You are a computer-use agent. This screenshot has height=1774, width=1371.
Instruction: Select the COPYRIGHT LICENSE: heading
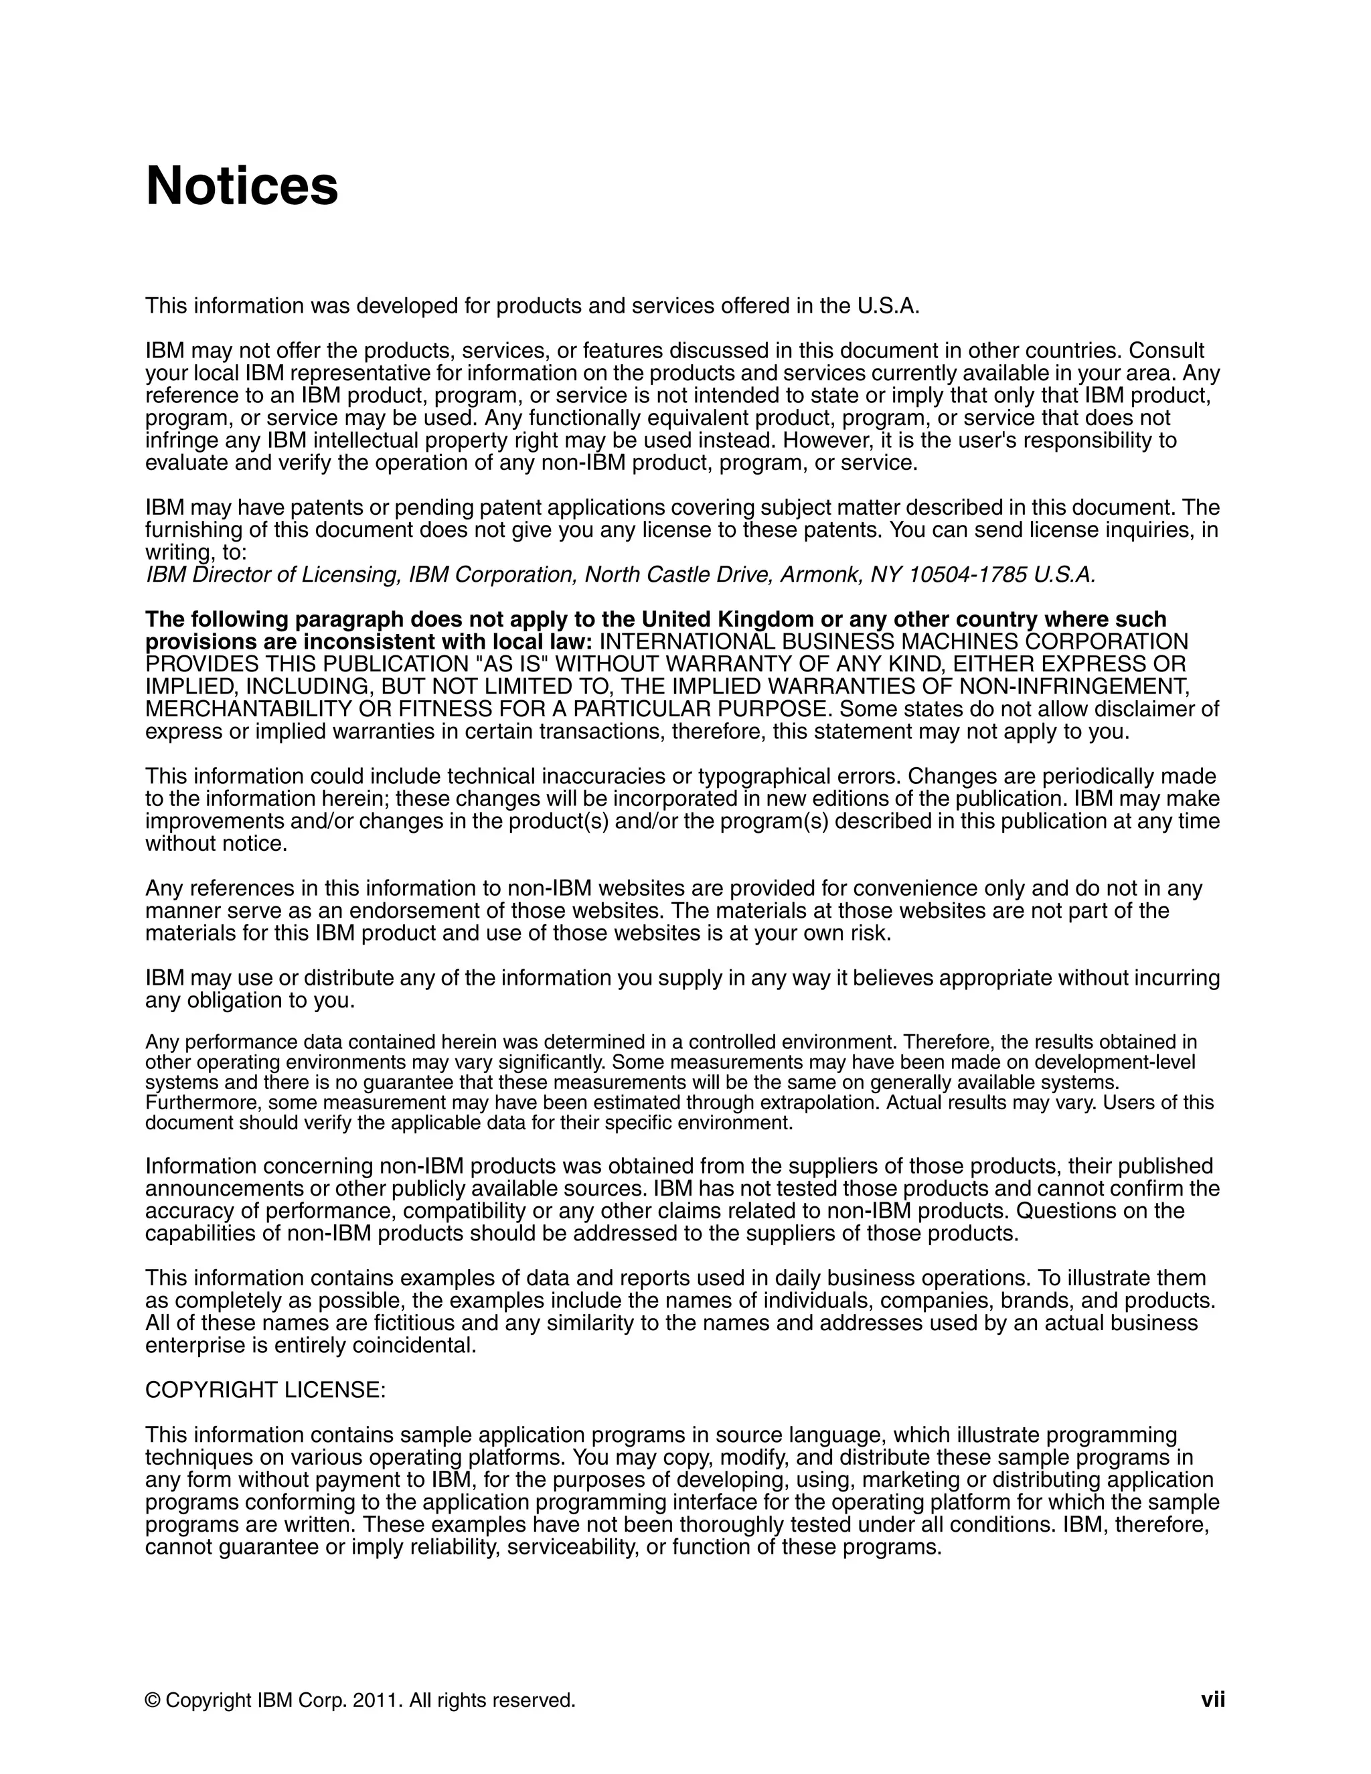266,1390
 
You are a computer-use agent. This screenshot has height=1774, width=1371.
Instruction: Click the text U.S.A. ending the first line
888,306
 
